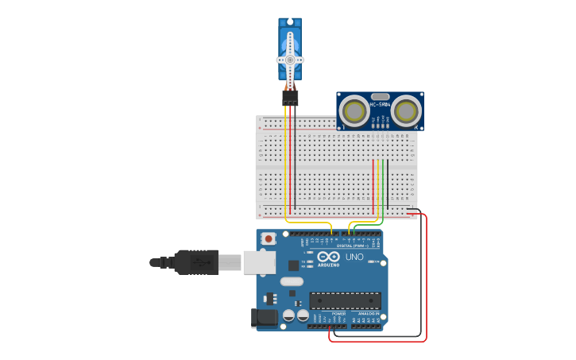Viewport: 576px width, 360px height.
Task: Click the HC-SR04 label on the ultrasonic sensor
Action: coord(380,104)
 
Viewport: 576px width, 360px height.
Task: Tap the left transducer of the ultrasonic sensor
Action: coord(353,110)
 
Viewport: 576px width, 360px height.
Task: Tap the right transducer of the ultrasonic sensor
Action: coord(406,110)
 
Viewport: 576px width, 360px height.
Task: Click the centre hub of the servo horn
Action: coord(290,60)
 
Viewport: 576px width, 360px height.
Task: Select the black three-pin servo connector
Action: coord(290,98)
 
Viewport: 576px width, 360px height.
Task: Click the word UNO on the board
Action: coord(354,257)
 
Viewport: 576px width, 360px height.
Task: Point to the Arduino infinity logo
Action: coord(328,257)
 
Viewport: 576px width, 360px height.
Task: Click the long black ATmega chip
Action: coord(345,300)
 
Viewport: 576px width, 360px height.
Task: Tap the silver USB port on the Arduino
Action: coord(258,261)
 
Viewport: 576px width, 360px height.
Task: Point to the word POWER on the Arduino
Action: coord(338,314)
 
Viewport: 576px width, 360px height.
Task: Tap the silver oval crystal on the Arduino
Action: coord(292,281)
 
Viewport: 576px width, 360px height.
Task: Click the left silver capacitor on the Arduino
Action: coord(289,315)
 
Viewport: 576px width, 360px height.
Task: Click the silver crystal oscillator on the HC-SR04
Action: coord(380,95)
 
